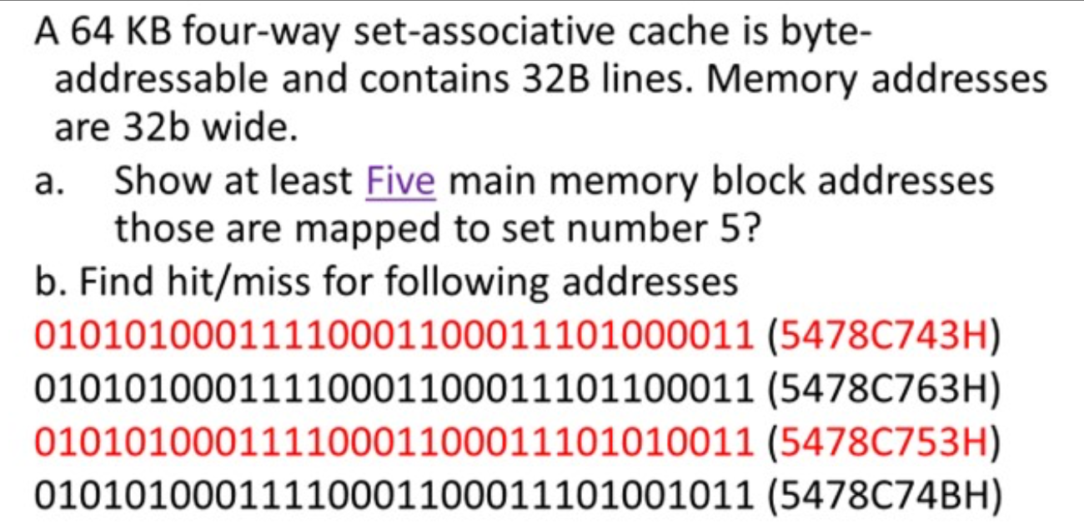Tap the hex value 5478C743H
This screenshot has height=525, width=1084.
point(882,337)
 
